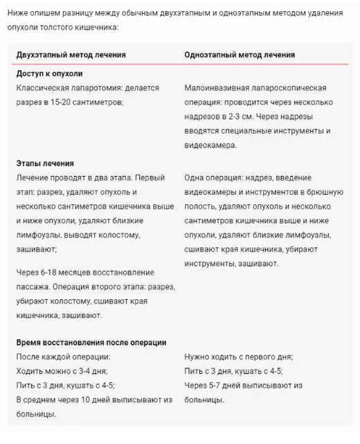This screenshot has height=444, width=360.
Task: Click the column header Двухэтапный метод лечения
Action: click(x=71, y=55)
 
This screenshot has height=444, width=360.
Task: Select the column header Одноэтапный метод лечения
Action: click(x=240, y=55)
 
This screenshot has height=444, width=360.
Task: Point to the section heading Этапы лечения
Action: click(x=45, y=163)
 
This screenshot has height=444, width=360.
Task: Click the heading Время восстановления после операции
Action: click(x=91, y=343)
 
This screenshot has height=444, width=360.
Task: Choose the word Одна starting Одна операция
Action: click(x=197, y=178)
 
